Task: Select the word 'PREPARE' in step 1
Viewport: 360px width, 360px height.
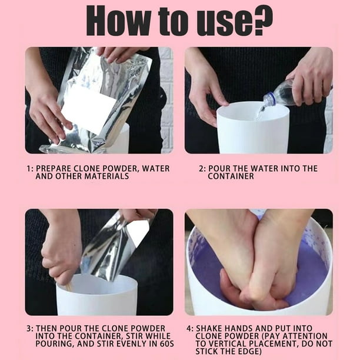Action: click(55, 168)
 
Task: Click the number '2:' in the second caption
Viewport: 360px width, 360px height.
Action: click(202, 168)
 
